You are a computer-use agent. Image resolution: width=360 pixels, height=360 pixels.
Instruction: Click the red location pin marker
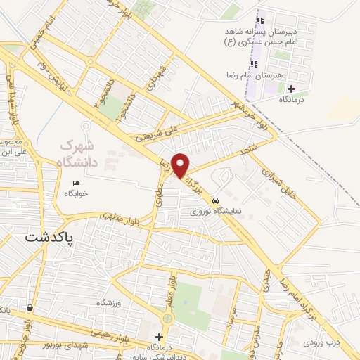click(181, 165)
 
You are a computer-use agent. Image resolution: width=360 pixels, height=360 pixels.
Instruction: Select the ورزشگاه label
click(109, 301)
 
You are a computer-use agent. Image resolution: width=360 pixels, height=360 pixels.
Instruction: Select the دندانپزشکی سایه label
click(166, 356)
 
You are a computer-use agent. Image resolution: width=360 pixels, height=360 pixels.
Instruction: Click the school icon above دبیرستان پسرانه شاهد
click(262, 20)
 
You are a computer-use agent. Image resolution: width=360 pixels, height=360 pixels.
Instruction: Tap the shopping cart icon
click(30, 308)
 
